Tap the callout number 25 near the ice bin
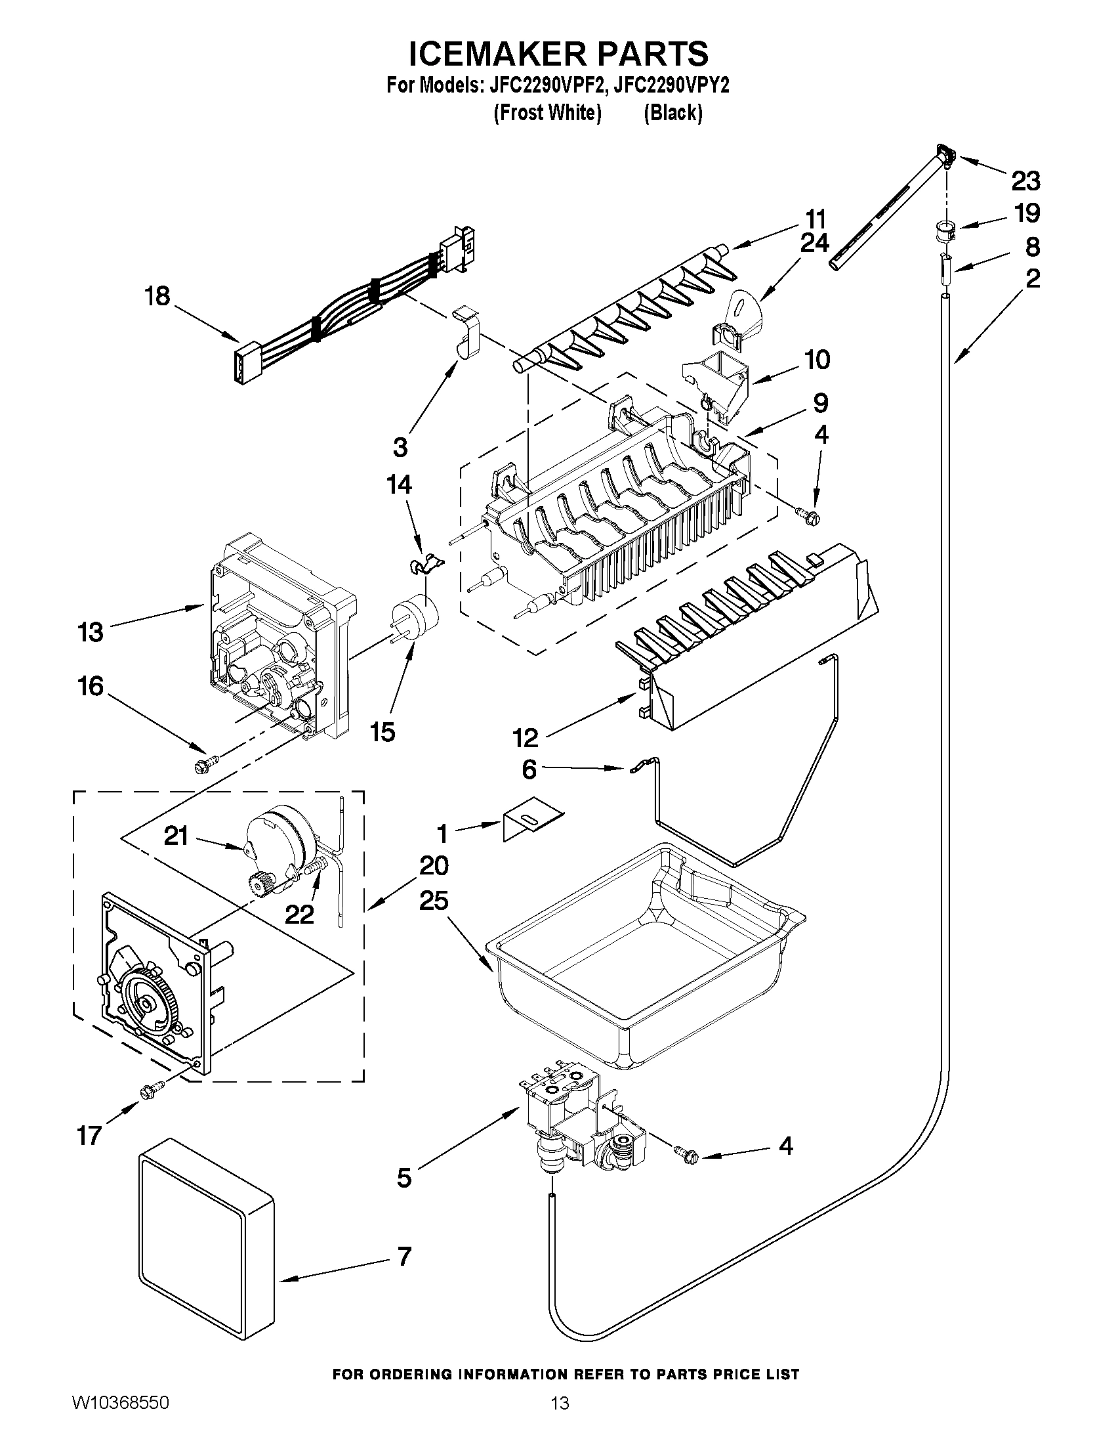[434, 901]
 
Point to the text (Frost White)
[547, 113]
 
